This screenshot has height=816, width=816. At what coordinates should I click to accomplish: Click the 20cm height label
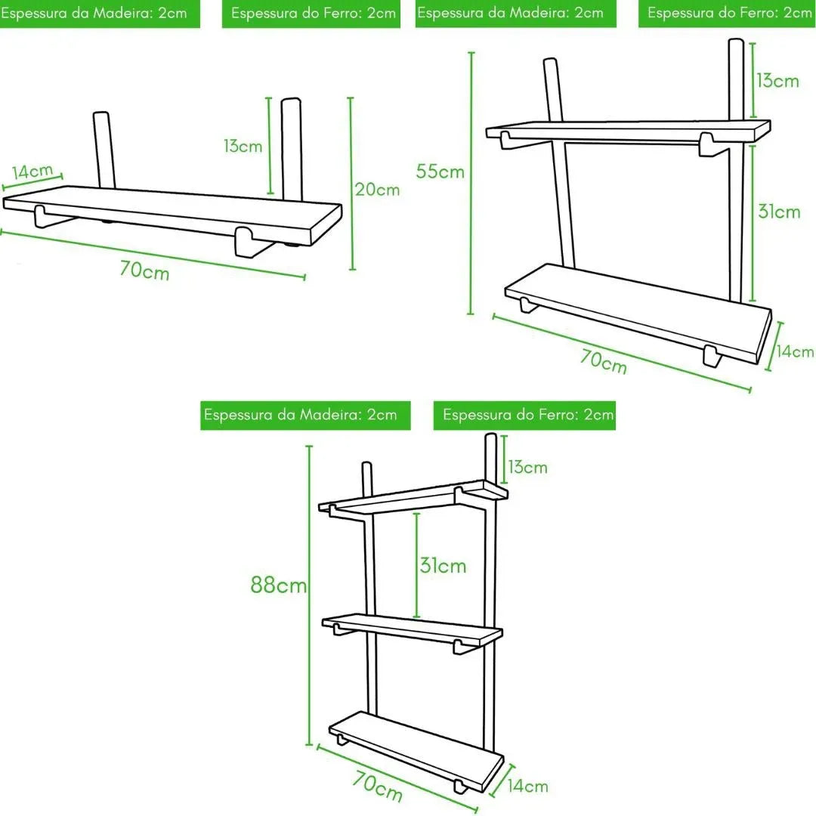pos(377,190)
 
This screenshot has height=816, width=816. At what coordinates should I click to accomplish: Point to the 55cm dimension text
pos(440,172)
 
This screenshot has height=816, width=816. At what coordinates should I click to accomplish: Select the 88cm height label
pos(279,585)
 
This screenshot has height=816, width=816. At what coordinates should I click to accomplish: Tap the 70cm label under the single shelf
pos(144,270)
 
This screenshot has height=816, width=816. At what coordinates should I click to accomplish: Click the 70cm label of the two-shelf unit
pos(604,362)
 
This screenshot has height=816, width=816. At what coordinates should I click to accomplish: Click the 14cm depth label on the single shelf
pos(32,172)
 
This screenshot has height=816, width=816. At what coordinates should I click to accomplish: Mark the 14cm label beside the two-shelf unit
pos(796,351)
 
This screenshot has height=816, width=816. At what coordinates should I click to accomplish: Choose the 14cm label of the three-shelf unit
pos(527,787)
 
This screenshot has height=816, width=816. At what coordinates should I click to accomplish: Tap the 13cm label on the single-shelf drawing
pos(243,146)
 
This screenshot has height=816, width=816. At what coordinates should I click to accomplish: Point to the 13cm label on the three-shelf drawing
pos(527,467)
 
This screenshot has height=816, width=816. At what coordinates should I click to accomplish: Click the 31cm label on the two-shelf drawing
pos(778,212)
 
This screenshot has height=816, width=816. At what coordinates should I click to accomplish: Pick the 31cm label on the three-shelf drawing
pos(444,565)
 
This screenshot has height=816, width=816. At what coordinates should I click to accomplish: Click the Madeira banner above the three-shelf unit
pos(305,415)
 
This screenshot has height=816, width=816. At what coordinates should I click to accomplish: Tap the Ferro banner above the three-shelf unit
pos(524,415)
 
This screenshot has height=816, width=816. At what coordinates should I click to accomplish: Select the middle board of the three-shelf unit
pos(412,629)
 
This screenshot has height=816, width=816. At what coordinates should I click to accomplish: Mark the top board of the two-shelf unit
pos(627,129)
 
